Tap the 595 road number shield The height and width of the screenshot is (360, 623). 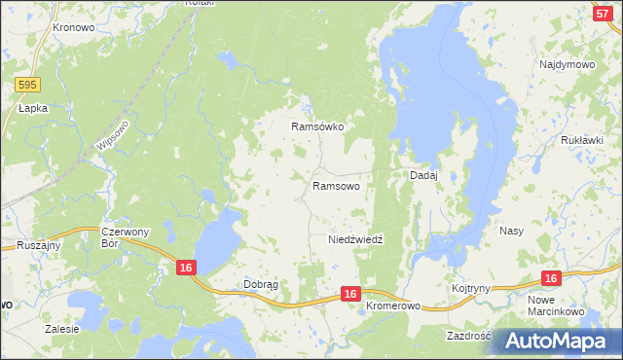pyautogui.click(x=27, y=87)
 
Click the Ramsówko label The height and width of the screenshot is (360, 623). pyautogui.click(x=318, y=126)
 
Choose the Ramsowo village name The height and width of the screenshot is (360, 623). pyautogui.click(x=336, y=185)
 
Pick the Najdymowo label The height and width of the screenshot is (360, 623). pyautogui.click(x=567, y=64)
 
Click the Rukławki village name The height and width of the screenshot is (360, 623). pyautogui.click(x=582, y=140)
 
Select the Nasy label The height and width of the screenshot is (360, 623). pyautogui.click(x=512, y=231)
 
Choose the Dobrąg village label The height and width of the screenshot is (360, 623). pyautogui.click(x=260, y=284)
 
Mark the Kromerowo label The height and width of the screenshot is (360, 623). pyautogui.click(x=393, y=306)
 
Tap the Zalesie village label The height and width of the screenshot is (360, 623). pyautogui.click(x=61, y=329)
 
